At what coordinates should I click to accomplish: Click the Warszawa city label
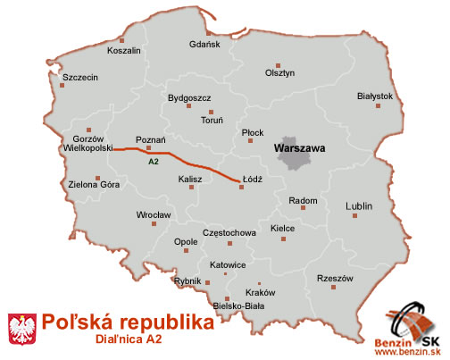pos(299,144)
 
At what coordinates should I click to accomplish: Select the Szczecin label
pos(80,77)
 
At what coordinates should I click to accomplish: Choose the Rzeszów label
pos(336,279)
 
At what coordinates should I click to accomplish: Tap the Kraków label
pos(261,293)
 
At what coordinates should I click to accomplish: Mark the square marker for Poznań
pos(148,148)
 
